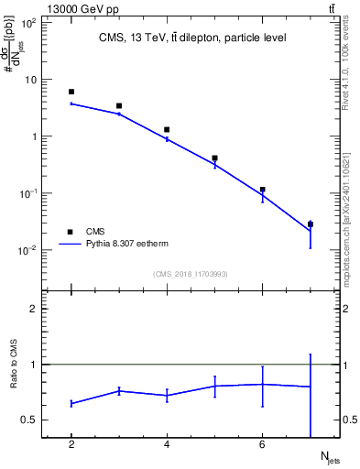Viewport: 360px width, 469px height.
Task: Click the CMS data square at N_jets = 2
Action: (71, 92)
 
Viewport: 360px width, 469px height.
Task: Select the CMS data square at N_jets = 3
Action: (119, 106)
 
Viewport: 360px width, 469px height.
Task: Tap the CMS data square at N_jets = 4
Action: (167, 129)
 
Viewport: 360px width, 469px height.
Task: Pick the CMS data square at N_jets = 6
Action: (262, 190)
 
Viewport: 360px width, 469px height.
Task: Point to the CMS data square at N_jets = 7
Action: (311, 224)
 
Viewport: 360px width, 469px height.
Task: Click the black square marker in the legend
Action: (71, 232)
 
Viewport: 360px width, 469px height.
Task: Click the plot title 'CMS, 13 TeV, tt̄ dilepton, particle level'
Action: (192, 38)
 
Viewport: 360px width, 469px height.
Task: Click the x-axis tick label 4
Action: (167, 445)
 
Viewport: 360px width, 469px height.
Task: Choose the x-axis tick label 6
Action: (262, 445)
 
